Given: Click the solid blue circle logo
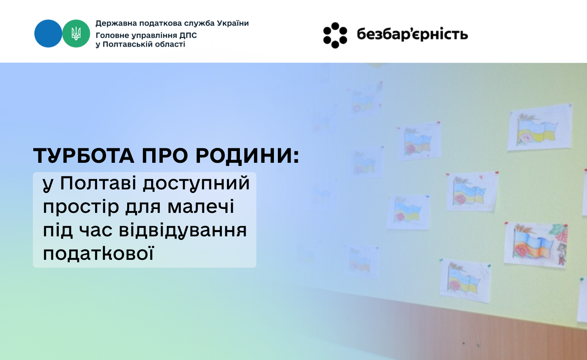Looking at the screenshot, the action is pyautogui.click(x=48, y=34).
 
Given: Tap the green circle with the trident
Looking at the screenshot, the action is pyautogui.click(x=76, y=34).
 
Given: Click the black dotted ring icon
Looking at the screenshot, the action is pyautogui.click(x=335, y=35).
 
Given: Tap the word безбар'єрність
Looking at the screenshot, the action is pyautogui.click(x=412, y=34).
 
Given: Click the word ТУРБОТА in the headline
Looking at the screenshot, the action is pyautogui.click(x=84, y=156).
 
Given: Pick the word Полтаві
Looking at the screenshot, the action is pyautogui.click(x=98, y=183).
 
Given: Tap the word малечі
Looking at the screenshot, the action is pyautogui.click(x=201, y=207).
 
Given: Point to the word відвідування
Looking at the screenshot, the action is pyautogui.click(x=183, y=231).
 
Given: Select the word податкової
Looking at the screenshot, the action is pyautogui.click(x=98, y=254).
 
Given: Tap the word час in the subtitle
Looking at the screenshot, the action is pyautogui.click(x=95, y=231).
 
